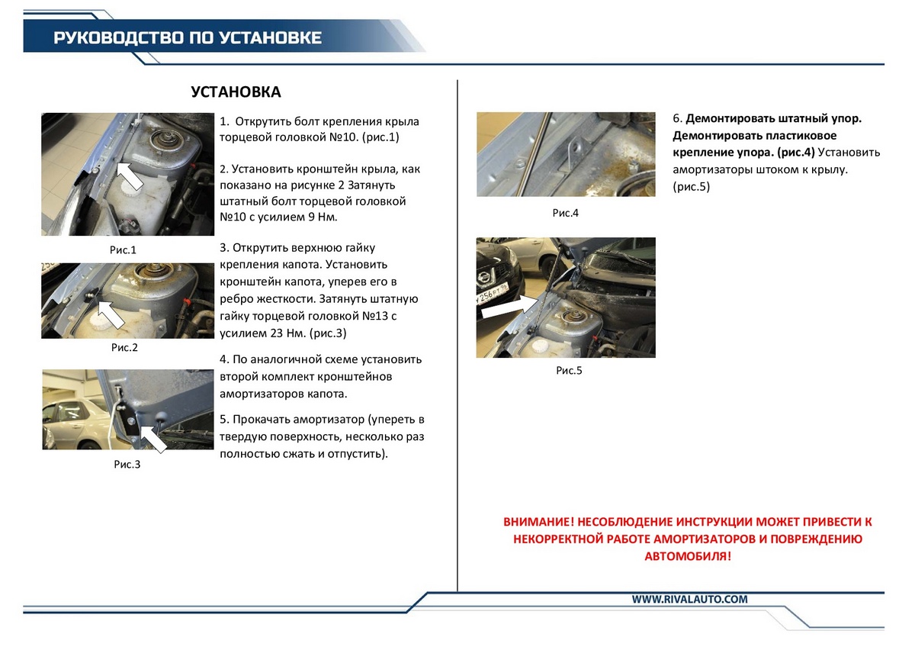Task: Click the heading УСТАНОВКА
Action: pyautogui.click(x=236, y=92)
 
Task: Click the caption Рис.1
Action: pyautogui.click(x=122, y=249)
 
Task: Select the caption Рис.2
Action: pyautogui.click(x=124, y=347)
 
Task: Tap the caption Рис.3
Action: pyautogui.click(x=127, y=464)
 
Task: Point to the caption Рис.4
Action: pyautogui.click(x=565, y=213)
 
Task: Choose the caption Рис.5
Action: pyautogui.click(x=569, y=371)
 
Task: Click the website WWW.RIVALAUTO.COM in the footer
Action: pyautogui.click(x=689, y=600)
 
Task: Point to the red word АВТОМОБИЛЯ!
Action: pyautogui.click(x=687, y=556)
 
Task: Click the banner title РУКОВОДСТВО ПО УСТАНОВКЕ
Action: pyautogui.click(x=188, y=38)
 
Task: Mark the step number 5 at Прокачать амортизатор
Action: pyautogui.click(x=223, y=420)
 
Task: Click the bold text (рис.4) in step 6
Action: pyautogui.click(x=791, y=152)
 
